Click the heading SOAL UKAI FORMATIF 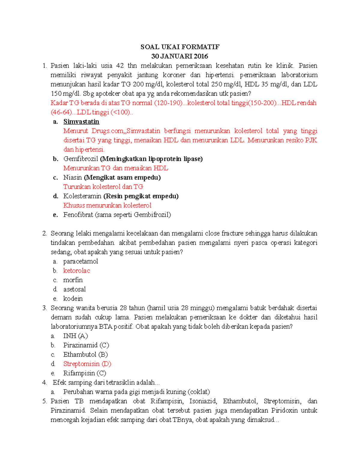(x=180, y=47)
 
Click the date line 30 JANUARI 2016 (x=180, y=56)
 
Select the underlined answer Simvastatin (x=81, y=122)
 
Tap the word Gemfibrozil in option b (x=81, y=159)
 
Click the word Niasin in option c (x=73, y=177)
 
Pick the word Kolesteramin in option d (x=82, y=196)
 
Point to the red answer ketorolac (x=76, y=270)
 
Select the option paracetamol (x=80, y=261)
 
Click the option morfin (x=73, y=280)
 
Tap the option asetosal (x=74, y=289)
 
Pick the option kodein (x=73, y=298)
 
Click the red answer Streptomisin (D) (x=87, y=364)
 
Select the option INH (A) (x=75, y=336)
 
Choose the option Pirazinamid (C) (x=86, y=345)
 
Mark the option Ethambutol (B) (x=85, y=354)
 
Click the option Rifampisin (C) (x=85, y=373)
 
